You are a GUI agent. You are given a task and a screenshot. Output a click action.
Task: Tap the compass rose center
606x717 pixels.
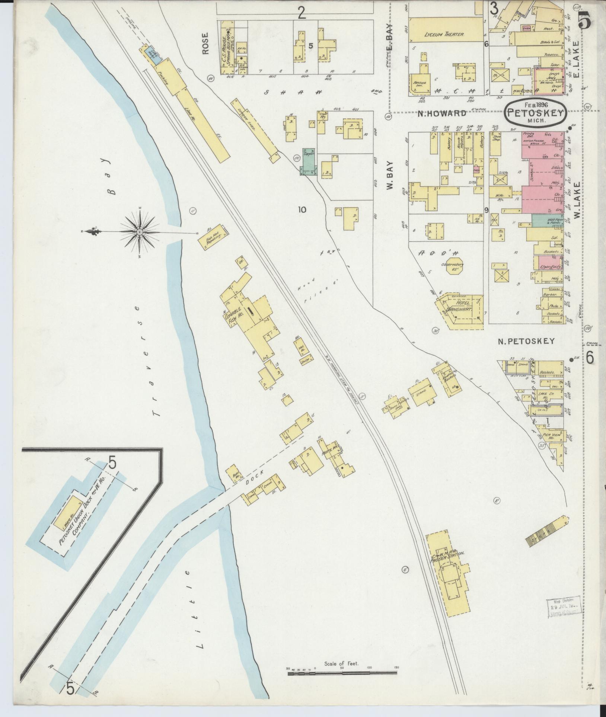point(140,232)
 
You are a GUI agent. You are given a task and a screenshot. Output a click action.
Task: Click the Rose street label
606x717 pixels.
point(205,44)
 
